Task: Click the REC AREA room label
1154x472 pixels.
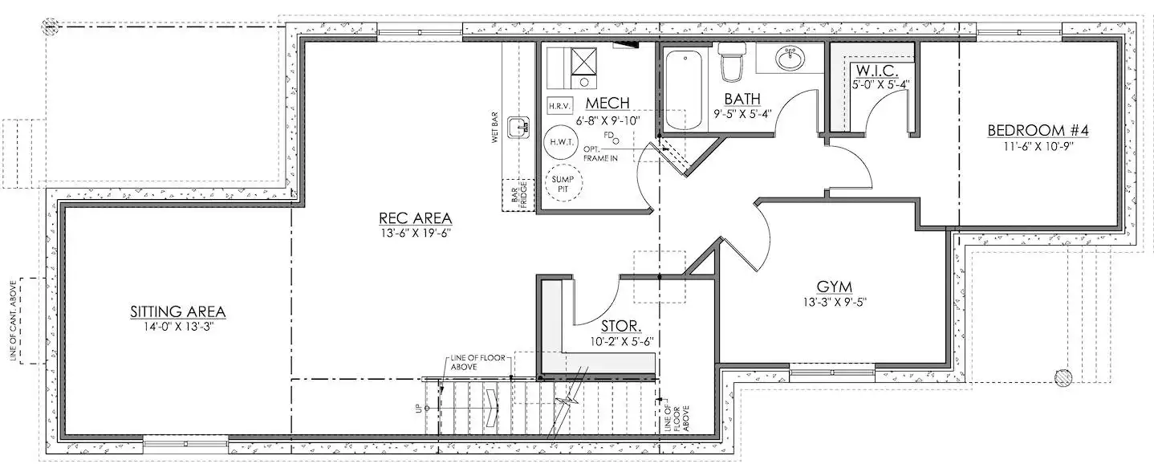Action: point(415,218)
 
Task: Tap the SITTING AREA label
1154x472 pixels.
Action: point(177,311)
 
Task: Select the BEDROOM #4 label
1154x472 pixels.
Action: point(1038,130)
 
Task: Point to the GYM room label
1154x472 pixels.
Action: point(835,287)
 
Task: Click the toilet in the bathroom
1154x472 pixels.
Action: point(732,61)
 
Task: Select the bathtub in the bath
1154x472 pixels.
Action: point(685,90)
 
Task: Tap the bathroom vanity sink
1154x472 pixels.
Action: point(790,59)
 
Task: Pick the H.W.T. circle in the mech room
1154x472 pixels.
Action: point(561,142)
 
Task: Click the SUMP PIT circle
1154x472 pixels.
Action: point(563,184)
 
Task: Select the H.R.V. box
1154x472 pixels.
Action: point(559,106)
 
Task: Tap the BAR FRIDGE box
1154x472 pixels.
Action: point(518,195)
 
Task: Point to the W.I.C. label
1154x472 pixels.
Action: point(876,70)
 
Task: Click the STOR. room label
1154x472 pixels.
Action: point(621,326)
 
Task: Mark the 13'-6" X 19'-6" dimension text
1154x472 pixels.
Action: point(415,233)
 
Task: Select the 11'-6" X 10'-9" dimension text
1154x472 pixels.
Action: point(1038,146)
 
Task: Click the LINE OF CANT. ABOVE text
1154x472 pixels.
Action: point(14,320)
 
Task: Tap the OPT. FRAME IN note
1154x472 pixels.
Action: point(600,153)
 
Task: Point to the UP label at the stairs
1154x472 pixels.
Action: point(418,408)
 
